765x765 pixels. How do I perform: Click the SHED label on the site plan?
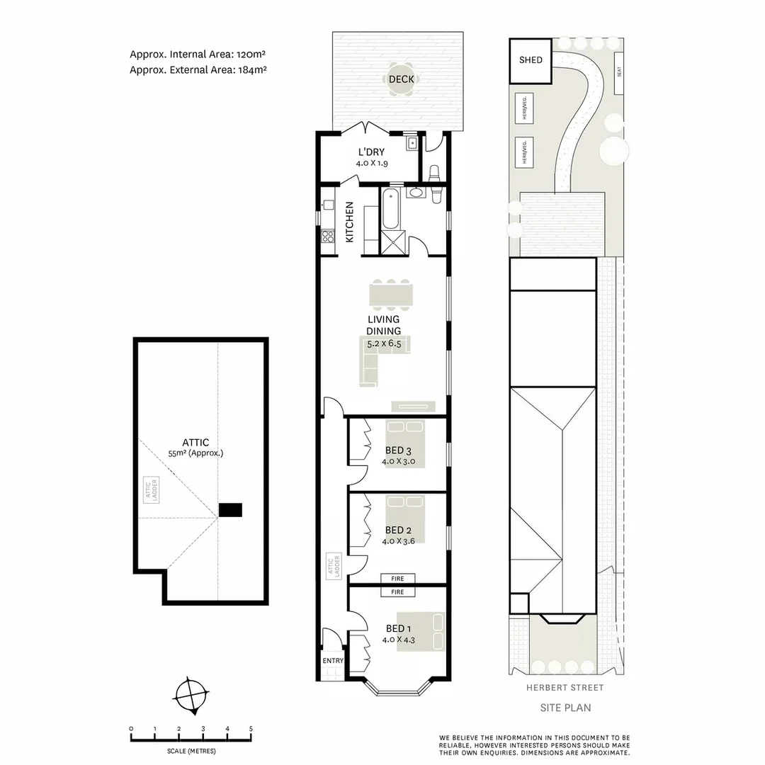531,60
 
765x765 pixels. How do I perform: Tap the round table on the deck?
402,79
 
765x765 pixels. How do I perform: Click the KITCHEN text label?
350,222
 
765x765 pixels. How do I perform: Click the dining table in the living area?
390,295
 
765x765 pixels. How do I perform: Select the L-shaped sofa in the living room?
375,361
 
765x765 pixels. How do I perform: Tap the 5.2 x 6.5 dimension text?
384,344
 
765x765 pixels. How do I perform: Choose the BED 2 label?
398,530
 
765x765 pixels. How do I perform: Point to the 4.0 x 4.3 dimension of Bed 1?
398,640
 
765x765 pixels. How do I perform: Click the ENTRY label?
333,661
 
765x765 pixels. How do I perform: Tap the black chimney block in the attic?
230,509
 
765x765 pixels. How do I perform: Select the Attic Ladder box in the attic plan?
151,489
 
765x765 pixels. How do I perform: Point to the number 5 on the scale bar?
251,728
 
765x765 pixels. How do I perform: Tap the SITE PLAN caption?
566,707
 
